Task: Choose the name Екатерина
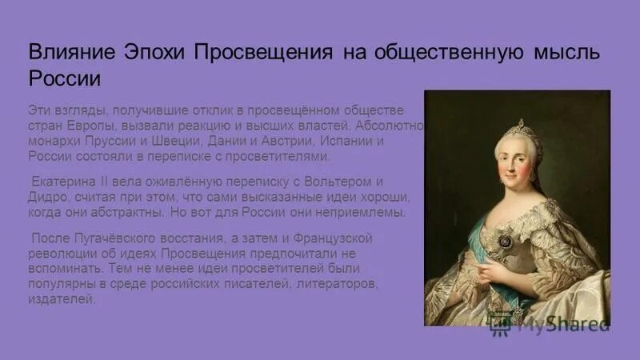[65, 181]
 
